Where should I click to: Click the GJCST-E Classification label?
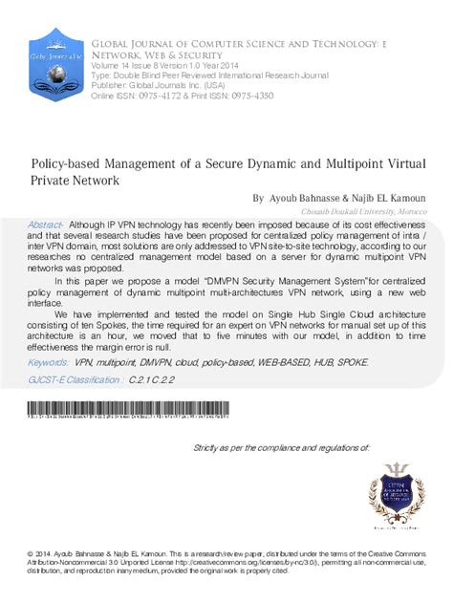75,379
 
